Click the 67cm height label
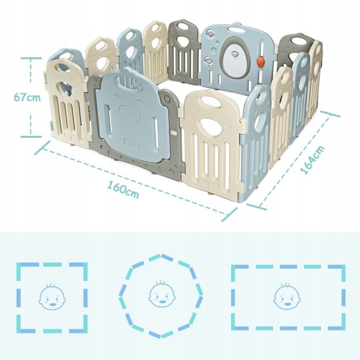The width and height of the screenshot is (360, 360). click(x=27, y=97)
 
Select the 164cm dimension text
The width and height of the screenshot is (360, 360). click(x=312, y=159)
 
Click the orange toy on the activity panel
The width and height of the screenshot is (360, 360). click(x=262, y=62)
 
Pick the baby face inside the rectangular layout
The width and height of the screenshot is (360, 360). click(x=287, y=296)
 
